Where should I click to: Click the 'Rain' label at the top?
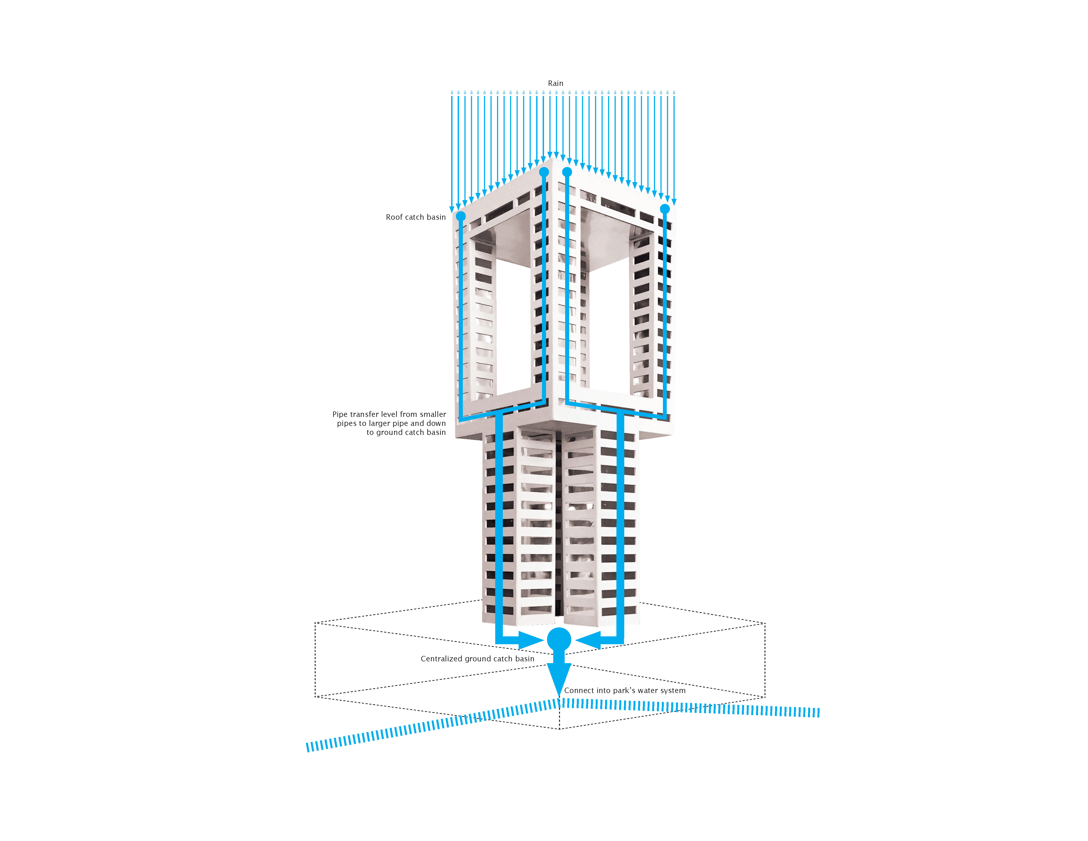click(555, 83)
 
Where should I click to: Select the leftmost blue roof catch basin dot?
click(461, 216)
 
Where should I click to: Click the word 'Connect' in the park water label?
click(579, 691)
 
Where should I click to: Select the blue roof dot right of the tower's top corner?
click(567, 172)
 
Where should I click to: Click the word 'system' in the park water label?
click(673, 691)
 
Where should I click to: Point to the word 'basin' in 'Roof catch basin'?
click(436, 217)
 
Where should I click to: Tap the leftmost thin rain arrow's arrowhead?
click(452, 209)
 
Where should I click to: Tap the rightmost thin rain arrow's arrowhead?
click(674, 202)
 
